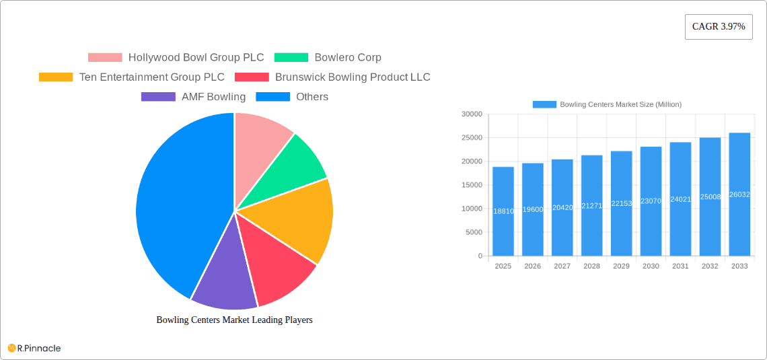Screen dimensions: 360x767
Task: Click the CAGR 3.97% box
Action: point(719,27)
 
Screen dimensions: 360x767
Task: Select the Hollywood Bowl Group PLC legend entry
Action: point(176,58)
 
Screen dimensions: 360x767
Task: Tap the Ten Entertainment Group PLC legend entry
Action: point(132,77)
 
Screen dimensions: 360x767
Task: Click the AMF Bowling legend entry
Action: point(194,97)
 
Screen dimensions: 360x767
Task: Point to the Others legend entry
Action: point(292,97)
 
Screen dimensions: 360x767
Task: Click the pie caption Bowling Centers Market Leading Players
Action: point(234,320)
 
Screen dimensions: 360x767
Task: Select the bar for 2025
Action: point(503,211)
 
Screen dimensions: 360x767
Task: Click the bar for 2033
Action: point(739,194)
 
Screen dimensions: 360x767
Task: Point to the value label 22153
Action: point(621,203)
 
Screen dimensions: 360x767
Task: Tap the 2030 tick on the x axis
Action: point(651,266)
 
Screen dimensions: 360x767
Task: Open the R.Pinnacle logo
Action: point(34,348)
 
